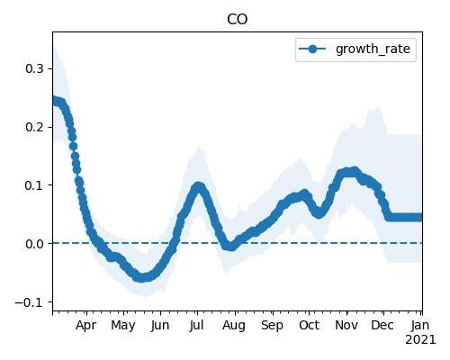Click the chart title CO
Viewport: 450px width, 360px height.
[237, 20]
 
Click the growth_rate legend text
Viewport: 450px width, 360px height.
[373, 49]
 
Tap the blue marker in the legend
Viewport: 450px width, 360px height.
[312, 49]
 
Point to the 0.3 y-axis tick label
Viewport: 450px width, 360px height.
[34, 68]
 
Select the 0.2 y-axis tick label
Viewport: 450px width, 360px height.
[34, 127]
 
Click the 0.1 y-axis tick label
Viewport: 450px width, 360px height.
[34, 185]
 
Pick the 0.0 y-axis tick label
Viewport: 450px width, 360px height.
[34, 244]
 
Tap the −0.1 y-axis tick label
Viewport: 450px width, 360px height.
[29, 302]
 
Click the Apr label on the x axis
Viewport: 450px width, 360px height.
[86, 326]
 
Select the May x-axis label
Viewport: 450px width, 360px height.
[123, 326]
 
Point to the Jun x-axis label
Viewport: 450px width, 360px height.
[160, 326]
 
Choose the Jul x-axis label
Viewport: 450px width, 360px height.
[196, 326]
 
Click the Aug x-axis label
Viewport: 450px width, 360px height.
[234, 326]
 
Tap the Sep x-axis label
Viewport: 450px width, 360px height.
[272, 326]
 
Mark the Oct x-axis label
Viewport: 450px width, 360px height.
[309, 326]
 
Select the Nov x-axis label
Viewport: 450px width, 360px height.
[346, 326]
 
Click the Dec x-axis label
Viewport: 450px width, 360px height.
[382, 326]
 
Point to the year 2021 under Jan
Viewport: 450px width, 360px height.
[420, 340]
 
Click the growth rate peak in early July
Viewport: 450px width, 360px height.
[198, 186]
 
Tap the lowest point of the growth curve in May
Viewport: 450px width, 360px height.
[141, 277]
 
